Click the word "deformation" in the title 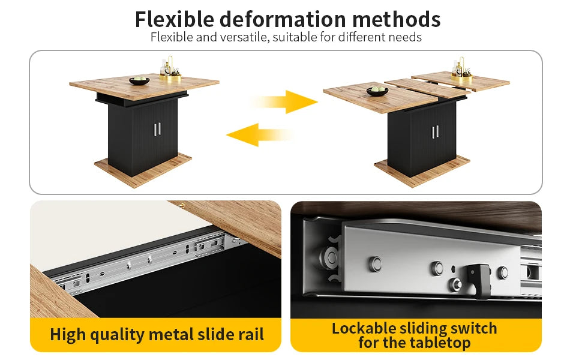(x=283, y=19)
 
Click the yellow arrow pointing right (x=284, y=101)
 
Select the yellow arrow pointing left (x=259, y=135)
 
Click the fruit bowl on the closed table (x=139, y=80)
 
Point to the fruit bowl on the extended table (x=377, y=91)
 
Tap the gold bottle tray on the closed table (x=170, y=78)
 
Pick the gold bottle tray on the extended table (x=462, y=79)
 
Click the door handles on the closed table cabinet (x=157, y=129)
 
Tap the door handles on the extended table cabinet (x=436, y=132)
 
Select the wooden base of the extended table (x=422, y=172)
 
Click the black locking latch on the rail (x=478, y=280)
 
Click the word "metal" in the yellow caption (x=170, y=334)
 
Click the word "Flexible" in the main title (x=174, y=19)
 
